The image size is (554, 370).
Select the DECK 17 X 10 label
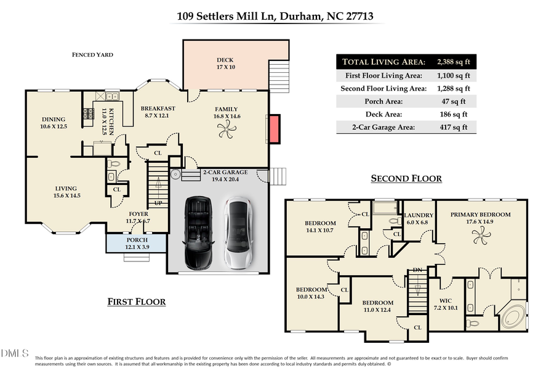pos(226,64)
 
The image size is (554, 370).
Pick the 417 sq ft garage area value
pos(452,128)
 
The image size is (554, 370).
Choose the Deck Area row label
pos(401,114)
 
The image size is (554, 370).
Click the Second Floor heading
pos(406,179)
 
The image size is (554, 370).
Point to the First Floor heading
pos(137,302)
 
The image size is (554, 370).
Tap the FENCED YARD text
pos(92,55)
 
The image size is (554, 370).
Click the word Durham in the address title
pos(298,17)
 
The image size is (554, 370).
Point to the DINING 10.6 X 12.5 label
pos(54,123)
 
